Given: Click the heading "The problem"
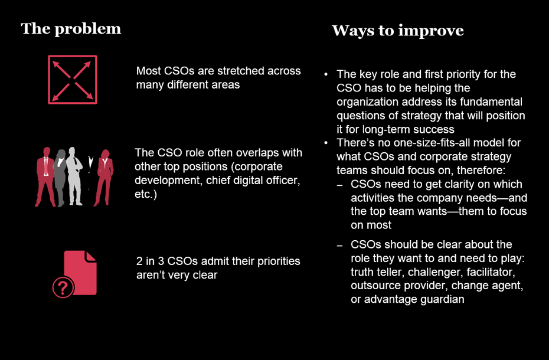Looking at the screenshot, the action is [71, 29].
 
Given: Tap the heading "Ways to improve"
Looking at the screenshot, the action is [398, 31].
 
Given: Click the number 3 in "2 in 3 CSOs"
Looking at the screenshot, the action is [161, 261].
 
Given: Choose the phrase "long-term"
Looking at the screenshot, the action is [386, 130].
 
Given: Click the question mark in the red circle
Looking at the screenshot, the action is [63, 288].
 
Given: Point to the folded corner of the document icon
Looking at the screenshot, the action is [91, 256].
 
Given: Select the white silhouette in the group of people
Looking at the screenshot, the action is [74, 176].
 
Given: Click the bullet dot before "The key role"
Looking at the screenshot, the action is [326, 74].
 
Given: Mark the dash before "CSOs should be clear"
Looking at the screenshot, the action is [339, 245].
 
